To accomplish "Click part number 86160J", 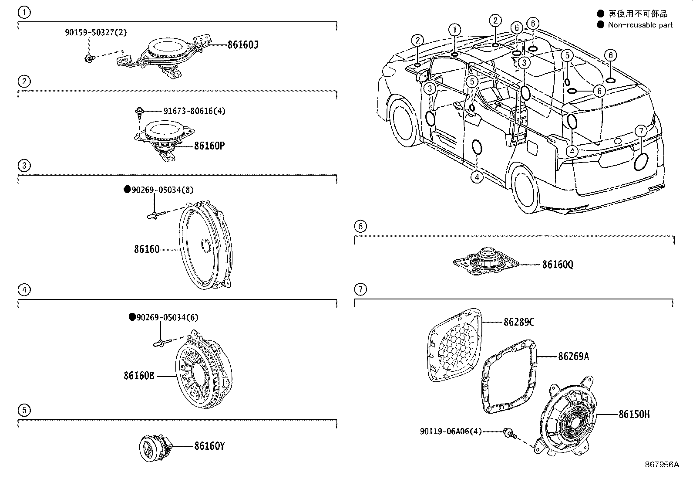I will tap(242, 45).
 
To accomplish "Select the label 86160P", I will tap(209, 146).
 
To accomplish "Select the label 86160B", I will tap(139, 375).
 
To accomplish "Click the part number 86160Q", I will tap(558, 265).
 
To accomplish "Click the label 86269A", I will tap(573, 357).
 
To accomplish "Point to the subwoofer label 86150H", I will tap(634, 414).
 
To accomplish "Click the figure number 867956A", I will tap(662, 465).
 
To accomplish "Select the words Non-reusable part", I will tap(640, 25).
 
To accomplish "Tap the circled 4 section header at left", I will tap(24, 289).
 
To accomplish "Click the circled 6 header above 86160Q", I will tap(360, 226).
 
